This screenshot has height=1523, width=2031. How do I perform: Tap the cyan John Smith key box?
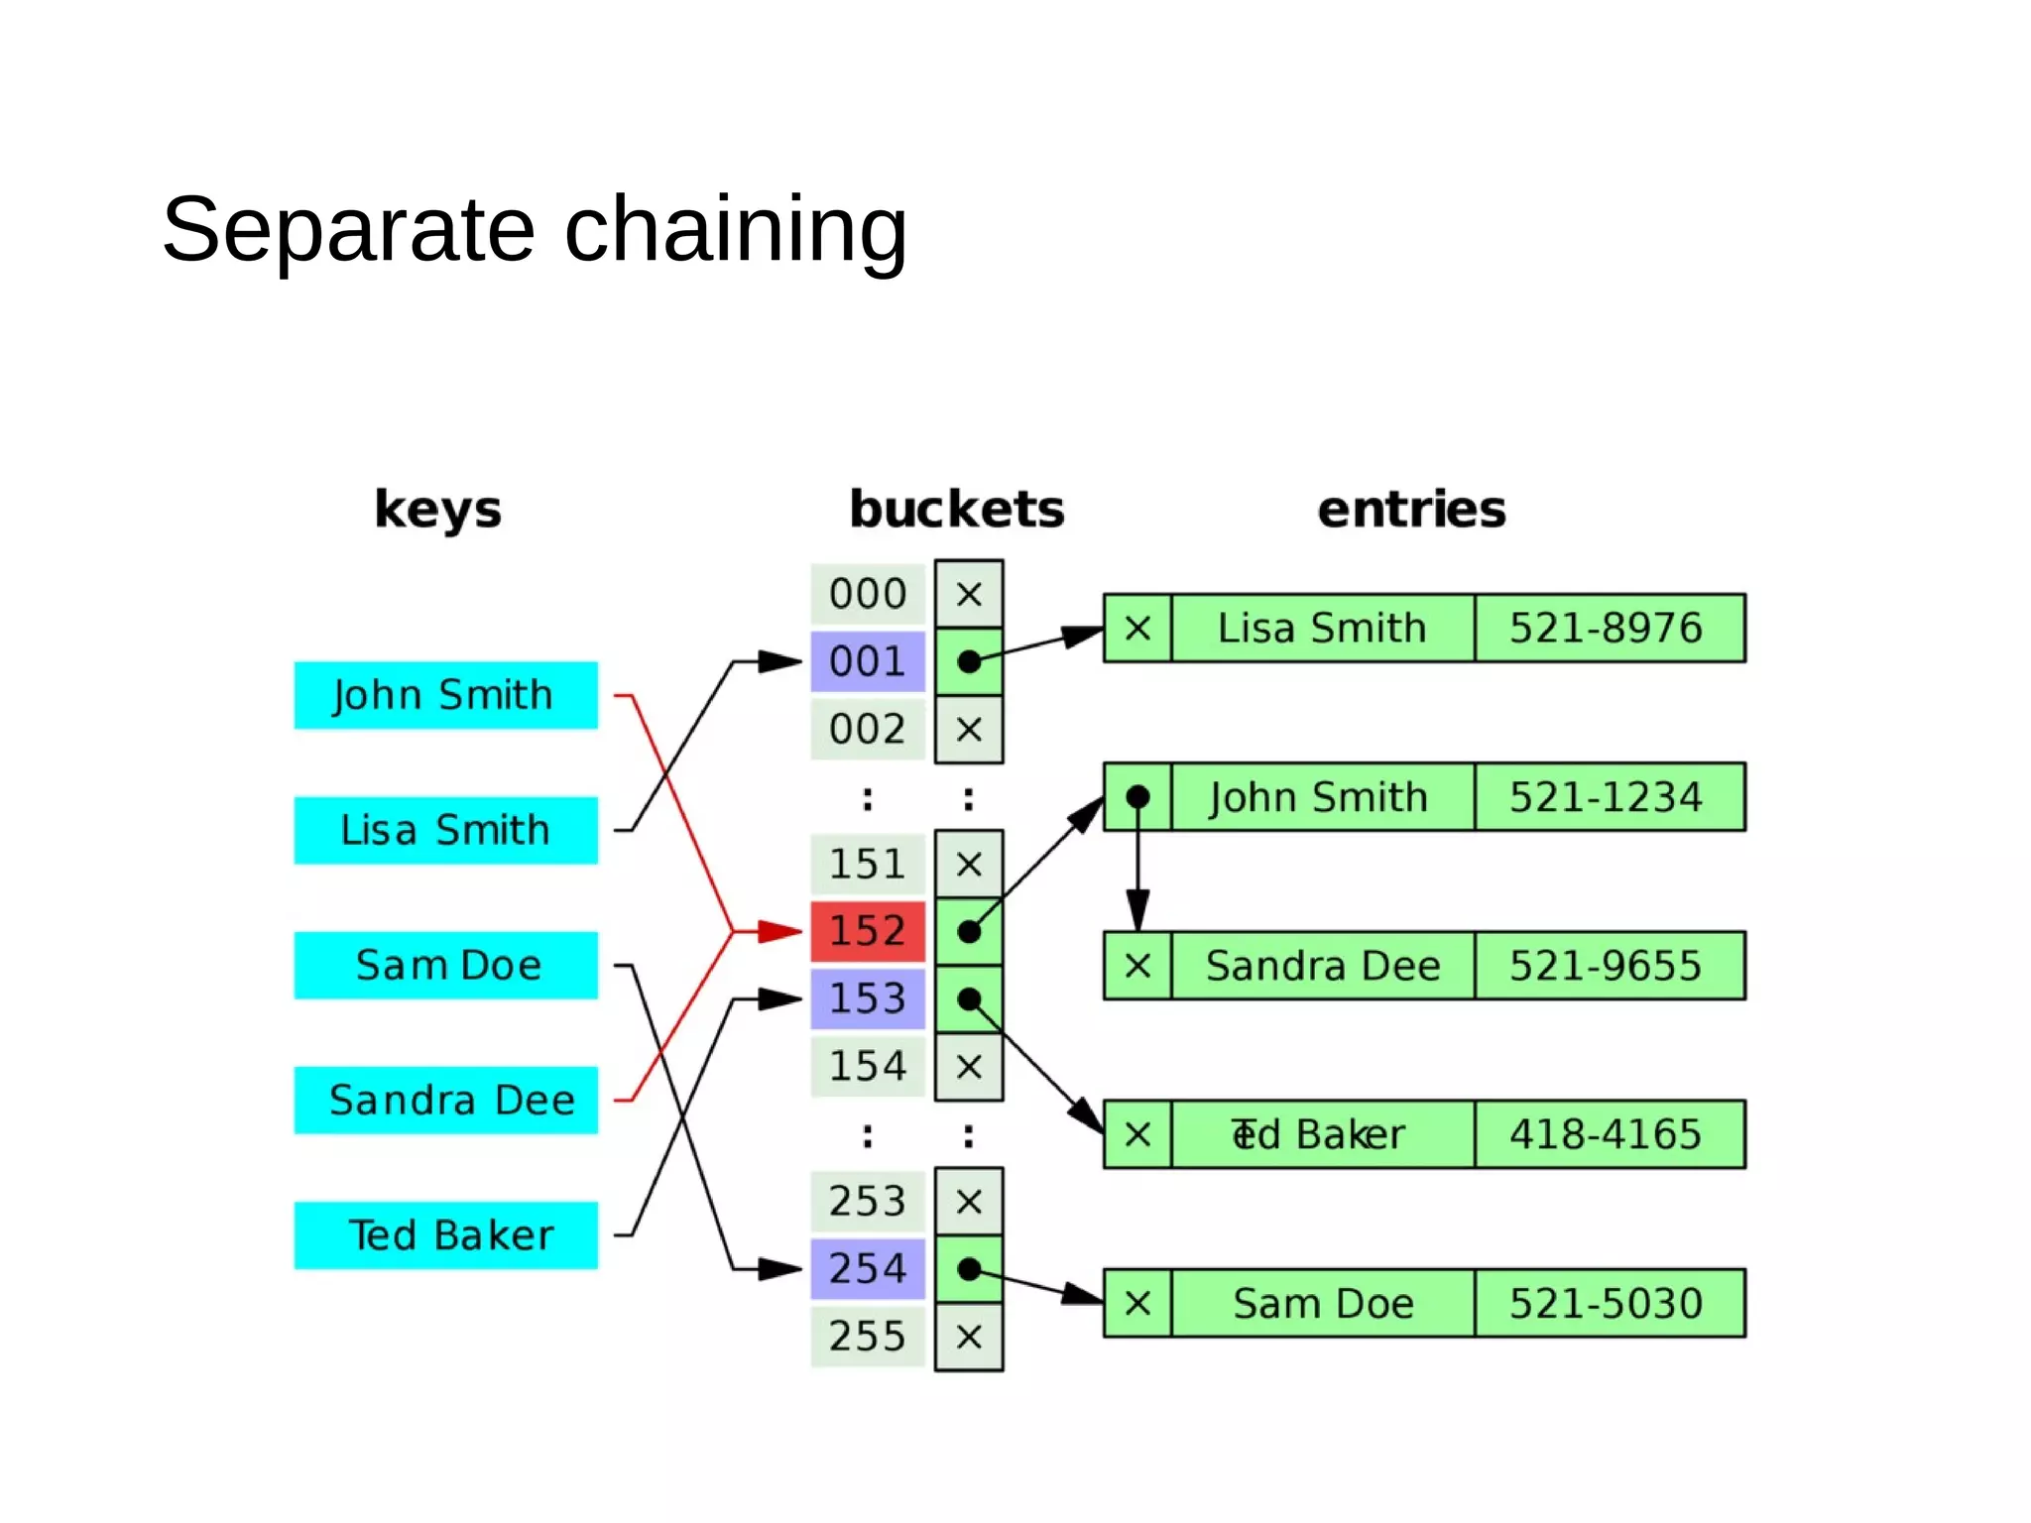pyautogui.click(x=445, y=695)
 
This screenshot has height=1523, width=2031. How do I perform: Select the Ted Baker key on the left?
pyautogui.click(x=445, y=1235)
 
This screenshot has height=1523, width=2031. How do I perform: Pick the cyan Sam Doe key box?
pyautogui.click(x=445, y=965)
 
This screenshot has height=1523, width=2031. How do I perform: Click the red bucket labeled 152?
pyautogui.click(x=868, y=931)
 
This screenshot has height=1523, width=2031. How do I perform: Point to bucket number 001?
pyautogui.click(x=868, y=661)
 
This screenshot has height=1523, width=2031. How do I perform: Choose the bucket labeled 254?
pyautogui.click(x=868, y=1268)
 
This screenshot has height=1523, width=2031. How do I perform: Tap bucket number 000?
pyautogui.click(x=868, y=594)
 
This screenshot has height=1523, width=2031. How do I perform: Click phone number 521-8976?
pyautogui.click(x=1608, y=628)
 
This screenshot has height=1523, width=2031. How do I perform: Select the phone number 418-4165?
pyautogui.click(x=1608, y=1134)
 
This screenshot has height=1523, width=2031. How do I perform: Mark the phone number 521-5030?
pyautogui.click(x=1608, y=1303)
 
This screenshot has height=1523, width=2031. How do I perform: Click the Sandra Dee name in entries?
pyautogui.click(x=1322, y=966)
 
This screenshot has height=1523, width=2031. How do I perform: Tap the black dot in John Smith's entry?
pyautogui.click(x=1137, y=796)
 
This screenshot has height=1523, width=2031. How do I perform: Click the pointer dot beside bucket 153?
pyautogui.click(x=969, y=998)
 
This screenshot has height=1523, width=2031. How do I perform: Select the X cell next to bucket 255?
pyautogui.click(x=969, y=1337)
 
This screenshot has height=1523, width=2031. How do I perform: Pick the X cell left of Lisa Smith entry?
pyautogui.click(x=1137, y=628)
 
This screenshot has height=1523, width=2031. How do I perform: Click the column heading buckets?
pyautogui.click(x=957, y=510)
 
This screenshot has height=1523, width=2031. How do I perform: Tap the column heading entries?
pyautogui.click(x=1411, y=510)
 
